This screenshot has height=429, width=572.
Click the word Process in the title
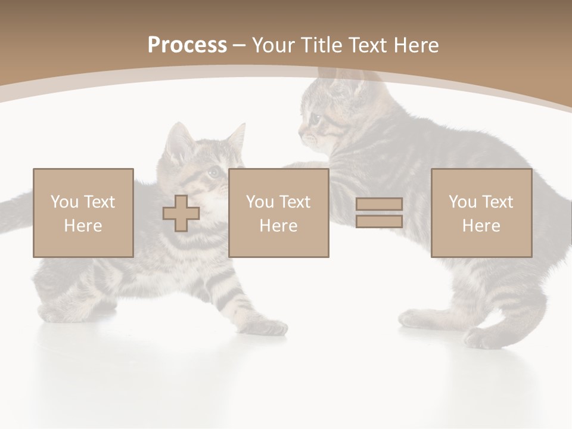pyautogui.click(x=187, y=45)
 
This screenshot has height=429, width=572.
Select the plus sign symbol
pyautogui.click(x=181, y=213)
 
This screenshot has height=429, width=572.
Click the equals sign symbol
pyautogui.click(x=379, y=213)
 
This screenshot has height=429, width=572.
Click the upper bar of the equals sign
pyautogui.click(x=379, y=204)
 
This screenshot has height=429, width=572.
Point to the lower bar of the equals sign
pyautogui.click(x=379, y=222)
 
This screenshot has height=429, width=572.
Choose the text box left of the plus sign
pyautogui.click(x=83, y=213)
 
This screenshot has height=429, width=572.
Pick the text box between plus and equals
pyautogui.click(x=279, y=213)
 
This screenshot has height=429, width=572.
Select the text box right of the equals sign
pyautogui.click(x=481, y=213)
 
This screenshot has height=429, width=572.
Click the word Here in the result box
pyautogui.click(x=481, y=226)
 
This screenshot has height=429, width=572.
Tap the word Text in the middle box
pyautogui.click(x=295, y=202)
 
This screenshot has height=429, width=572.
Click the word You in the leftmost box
pyautogui.click(x=64, y=202)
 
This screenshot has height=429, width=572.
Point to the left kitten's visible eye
pyautogui.click(x=213, y=173)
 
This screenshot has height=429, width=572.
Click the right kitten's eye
pyautogui.click(x=315, y=117)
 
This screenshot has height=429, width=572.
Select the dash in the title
pyautogui.click(x=240, y=45)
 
